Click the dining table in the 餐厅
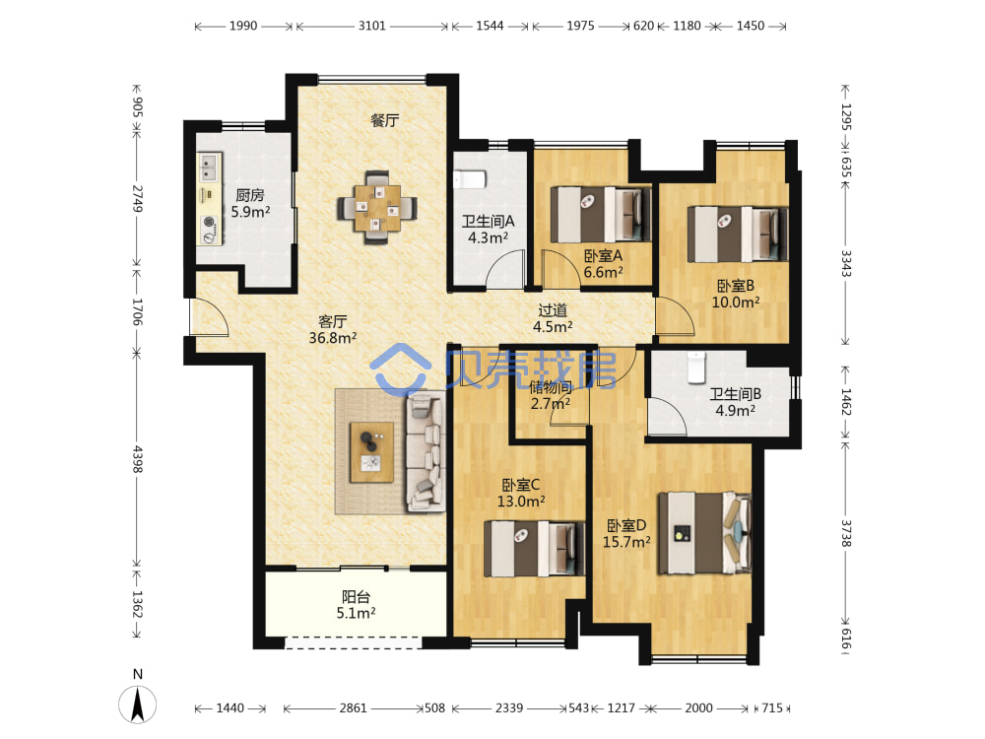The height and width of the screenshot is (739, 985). click(377, 207)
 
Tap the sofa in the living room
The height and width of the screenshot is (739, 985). click(426, 451)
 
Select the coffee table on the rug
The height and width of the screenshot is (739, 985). click(372, 452)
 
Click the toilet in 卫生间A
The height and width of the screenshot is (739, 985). click(470, 179)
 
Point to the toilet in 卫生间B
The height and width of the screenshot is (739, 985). click(696, 367)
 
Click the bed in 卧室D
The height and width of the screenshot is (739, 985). click(704, 533)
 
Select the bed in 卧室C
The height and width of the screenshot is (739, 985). click(534, 549)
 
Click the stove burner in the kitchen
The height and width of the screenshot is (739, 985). click(209, 223)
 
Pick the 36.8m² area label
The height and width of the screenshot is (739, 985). click(333, 338)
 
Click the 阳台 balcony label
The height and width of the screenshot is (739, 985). click(357, 596)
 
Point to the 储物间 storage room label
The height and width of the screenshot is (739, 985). click(551, 387)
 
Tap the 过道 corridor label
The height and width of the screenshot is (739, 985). click(553, 309)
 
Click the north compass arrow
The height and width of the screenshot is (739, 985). click(138, 704)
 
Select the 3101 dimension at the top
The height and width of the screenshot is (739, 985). click(372, 26)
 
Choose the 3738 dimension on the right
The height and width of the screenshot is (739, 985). click(846, 533)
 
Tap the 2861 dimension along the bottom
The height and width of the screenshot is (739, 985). click(353, 708)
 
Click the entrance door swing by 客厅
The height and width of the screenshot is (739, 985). click(209, 316)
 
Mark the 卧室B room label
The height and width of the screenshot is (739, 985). click(736, 286)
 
